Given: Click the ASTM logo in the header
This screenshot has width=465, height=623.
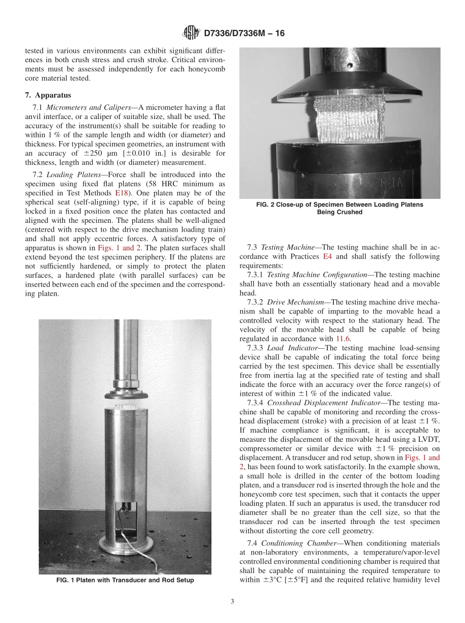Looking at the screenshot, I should click(x=190, y=33).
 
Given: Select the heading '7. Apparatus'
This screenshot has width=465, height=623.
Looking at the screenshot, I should click(x=48, y=95).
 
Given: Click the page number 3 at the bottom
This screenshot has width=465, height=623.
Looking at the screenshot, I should click(x=232, y=601).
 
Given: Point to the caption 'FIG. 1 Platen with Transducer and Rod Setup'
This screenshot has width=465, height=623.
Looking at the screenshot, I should click(x=125, y=580).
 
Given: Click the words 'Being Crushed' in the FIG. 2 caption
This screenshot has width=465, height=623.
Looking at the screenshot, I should click(x=340, y=212).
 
